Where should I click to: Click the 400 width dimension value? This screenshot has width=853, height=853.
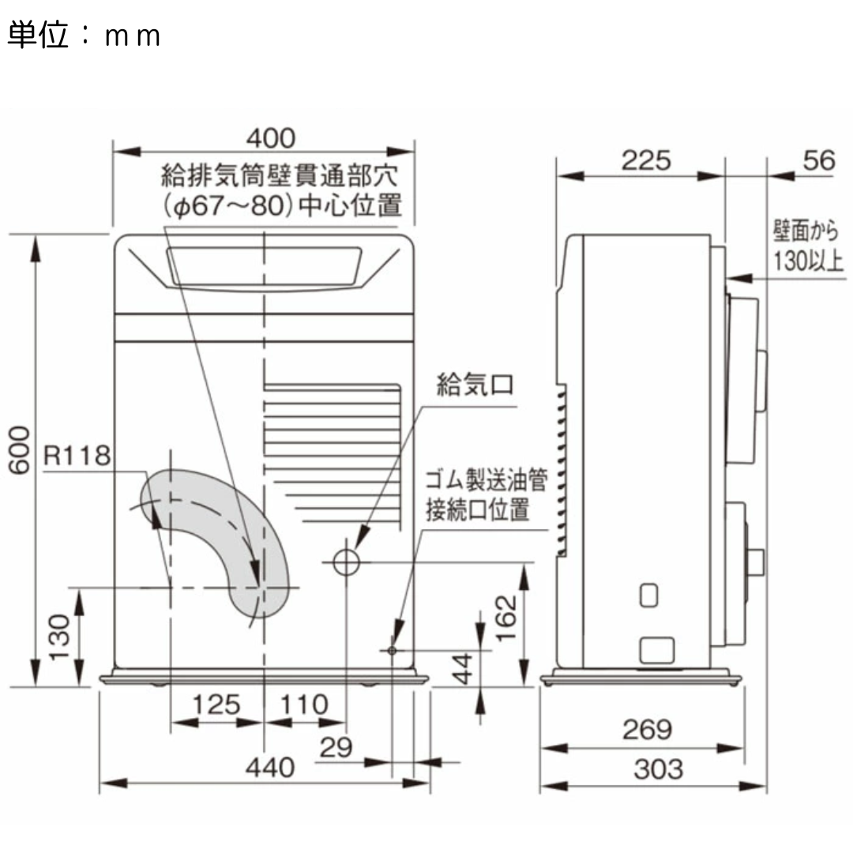(x=270, y=139)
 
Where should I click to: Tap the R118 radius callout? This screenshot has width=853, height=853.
(x=77, y=456)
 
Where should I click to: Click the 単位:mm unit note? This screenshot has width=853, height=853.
(x=84, y=36)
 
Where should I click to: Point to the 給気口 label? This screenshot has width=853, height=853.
(x=475, y=385)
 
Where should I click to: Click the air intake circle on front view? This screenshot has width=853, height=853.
(x=345, y=562)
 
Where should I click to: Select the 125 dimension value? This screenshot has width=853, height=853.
(x=216, y=704)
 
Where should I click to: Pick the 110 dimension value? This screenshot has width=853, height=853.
(x=303, y=704)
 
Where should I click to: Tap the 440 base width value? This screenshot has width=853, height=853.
(x=270, y=767)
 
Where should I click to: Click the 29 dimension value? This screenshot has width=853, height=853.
(x=336, y=747)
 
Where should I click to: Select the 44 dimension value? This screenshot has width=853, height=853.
(x=464, y=668)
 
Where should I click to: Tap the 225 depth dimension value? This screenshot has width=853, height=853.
(x=645, y=160)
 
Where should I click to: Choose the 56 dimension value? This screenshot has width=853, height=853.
(x=818, y=160)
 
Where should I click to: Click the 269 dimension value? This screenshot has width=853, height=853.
(x=645, y=730)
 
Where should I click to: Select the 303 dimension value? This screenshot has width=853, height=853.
(x=657, y=768)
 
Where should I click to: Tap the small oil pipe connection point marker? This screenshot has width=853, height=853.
(x=392, y=650)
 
